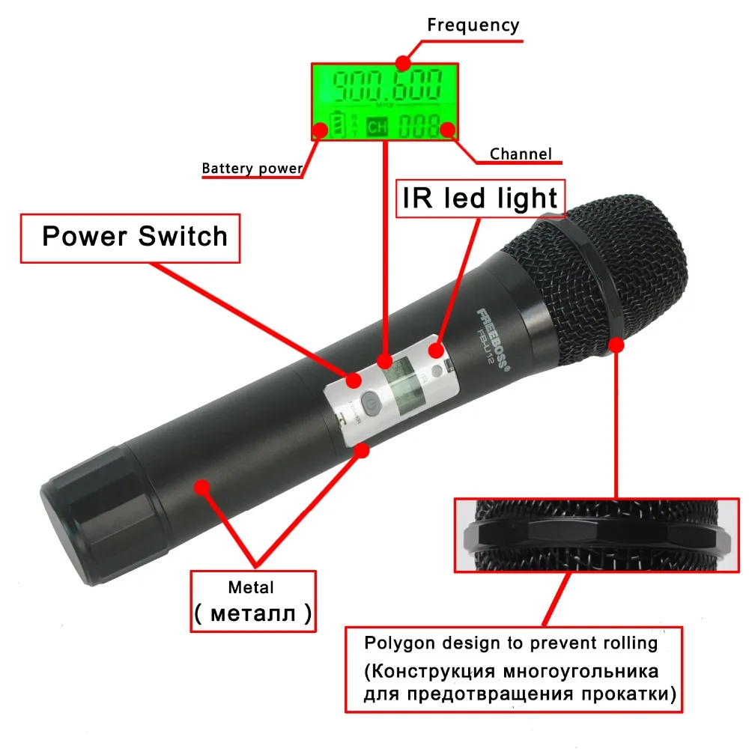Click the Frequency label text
[473, 25]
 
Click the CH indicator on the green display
[377, 127]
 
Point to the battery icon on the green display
[339, 124]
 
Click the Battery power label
[252, 168]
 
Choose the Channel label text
[521, 155]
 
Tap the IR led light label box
[479, 198]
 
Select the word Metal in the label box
[252, 588]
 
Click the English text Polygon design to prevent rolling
[511, 643]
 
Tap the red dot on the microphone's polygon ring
[617, 345]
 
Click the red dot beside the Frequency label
[404, 62]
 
